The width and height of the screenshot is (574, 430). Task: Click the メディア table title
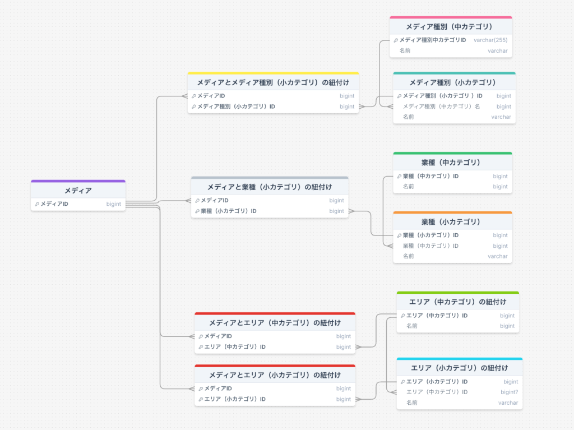coord(78,191)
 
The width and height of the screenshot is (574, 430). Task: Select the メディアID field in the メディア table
coord(54,204)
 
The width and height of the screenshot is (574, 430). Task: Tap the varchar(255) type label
coord(490,40)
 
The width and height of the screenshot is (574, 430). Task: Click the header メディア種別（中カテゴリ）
coord(449,27)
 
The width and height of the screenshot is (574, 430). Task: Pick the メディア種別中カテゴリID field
coord(433,40)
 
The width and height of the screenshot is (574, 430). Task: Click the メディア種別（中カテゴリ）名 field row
coord(442,107)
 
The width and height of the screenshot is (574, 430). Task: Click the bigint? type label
coord(509,392)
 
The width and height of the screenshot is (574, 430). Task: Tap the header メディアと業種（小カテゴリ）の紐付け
coord(270,187)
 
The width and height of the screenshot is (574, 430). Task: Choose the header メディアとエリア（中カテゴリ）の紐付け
coord(275,323)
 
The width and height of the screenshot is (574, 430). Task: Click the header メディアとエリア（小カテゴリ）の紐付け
coord(275,375)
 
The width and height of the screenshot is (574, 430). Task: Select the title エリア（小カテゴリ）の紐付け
coord(459,368)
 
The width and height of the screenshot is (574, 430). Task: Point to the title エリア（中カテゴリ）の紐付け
coord(457,302)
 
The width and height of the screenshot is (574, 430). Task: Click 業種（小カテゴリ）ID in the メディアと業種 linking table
coord(229,211)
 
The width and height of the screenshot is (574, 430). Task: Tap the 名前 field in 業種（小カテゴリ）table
coord(408,256)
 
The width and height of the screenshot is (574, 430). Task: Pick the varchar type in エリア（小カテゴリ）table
coord(508,403)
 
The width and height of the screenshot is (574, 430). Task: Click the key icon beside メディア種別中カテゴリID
coord(396,40)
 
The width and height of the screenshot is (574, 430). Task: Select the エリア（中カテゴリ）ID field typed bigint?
coord(437,392)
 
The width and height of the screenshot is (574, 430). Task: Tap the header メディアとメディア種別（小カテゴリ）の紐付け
coord(273,83)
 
